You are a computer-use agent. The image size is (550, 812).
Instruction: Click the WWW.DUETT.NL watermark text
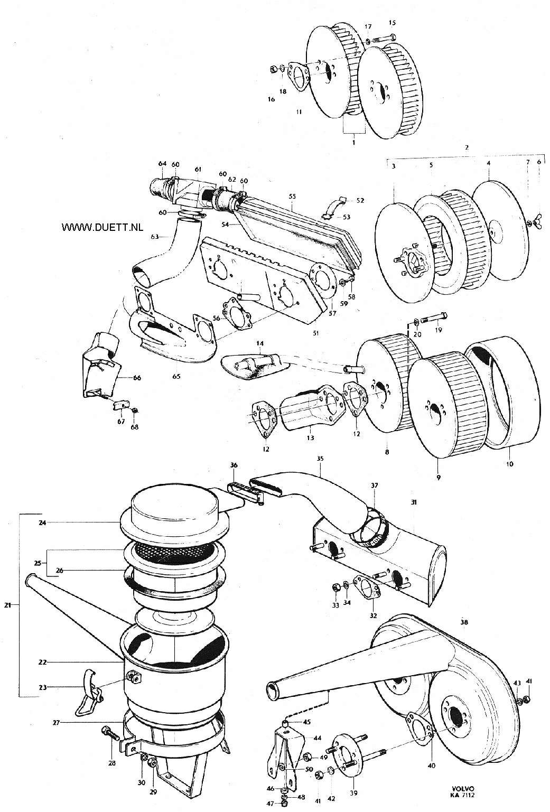coord(102,227)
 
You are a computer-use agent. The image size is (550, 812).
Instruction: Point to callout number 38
coord(464,622)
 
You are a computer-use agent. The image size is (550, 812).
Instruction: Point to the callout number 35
coord(320,459)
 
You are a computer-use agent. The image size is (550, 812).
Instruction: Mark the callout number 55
coord(292,196)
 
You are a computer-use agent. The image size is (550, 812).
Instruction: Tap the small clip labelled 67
coord(122,405)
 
